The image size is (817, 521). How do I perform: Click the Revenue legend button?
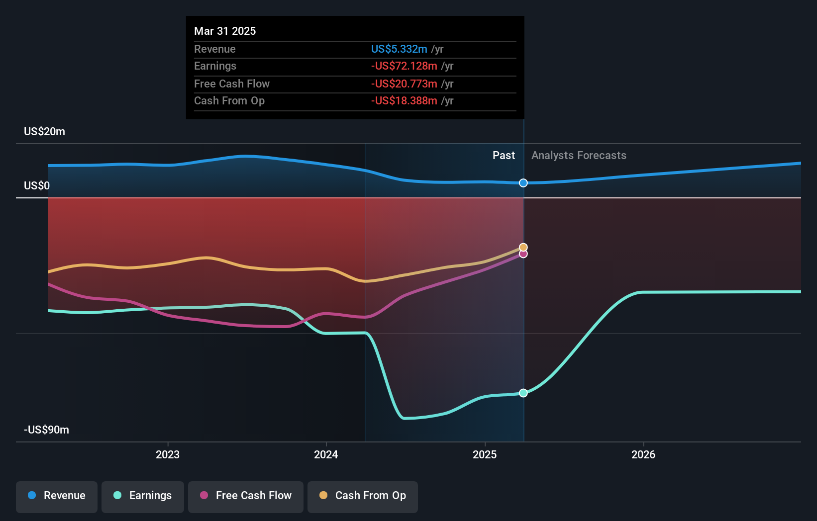57,496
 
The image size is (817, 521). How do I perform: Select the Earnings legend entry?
143,496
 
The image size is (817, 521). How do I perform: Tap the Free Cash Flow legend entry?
246,496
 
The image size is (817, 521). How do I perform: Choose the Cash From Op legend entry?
363,496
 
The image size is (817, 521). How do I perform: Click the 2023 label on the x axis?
168,455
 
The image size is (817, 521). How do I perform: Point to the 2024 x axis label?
326,455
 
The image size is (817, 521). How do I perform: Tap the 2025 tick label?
485,455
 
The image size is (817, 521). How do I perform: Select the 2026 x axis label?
643,455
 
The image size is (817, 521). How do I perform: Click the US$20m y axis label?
44,132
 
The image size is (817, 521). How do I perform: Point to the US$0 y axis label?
37,186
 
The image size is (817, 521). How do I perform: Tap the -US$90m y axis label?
46,430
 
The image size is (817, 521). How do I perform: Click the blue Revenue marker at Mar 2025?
523,183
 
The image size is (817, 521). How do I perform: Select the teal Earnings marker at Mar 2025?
523,393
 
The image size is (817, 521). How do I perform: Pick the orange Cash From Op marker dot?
523,247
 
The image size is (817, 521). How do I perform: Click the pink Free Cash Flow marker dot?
523,255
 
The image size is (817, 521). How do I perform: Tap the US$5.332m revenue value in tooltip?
399,49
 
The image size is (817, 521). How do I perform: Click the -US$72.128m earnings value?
404,66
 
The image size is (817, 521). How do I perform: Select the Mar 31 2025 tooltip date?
225,31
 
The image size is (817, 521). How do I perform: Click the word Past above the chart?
504,156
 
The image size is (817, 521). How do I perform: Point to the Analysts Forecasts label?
579,156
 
